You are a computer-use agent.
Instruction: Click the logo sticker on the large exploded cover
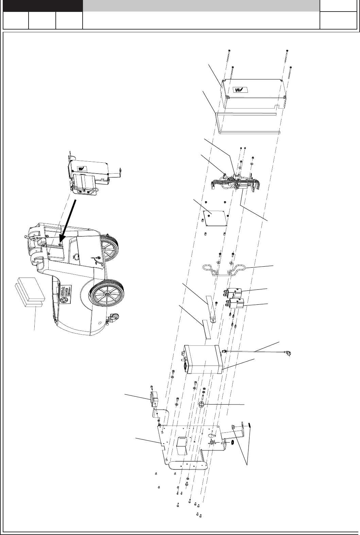coord(241,90)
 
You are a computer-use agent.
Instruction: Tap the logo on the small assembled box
coord(82,168)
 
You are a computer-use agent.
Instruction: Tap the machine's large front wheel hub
coord(107,295)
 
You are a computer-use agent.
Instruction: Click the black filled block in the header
coord(43,6)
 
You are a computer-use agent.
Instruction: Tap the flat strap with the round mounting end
coord(211,309)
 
